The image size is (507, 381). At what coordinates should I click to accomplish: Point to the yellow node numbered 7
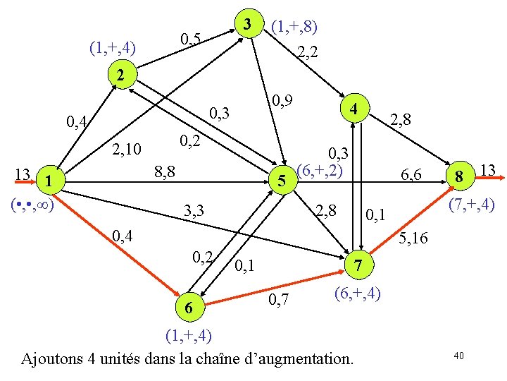(358, 265)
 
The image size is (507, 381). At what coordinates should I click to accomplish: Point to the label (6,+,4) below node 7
(358, 291)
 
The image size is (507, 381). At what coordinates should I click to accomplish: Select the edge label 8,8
(165, 171)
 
